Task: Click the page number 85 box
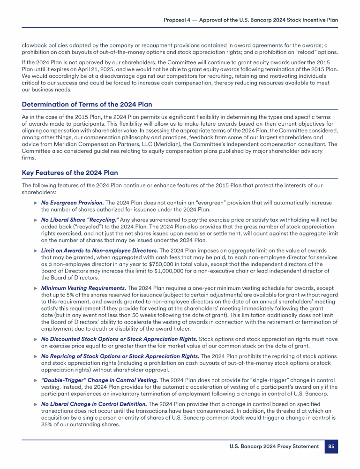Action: pos(331,446)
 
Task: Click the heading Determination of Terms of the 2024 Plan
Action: pos(87,104)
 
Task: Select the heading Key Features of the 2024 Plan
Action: pos(70,173)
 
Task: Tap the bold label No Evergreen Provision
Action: pos(73,203)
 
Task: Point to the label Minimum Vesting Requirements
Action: pos(83,287)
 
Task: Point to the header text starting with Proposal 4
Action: pos(251,20)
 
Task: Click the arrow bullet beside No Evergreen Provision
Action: pos(35,203)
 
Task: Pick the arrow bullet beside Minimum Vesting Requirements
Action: pos(35,287)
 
